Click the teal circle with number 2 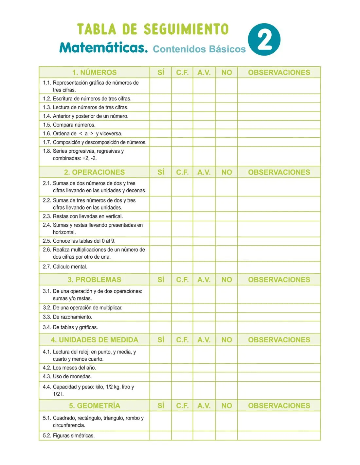click(264, 39)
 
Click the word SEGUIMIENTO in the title click(186, 29)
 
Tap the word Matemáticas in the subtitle click(103, 48)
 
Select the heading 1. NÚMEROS click(94, 72)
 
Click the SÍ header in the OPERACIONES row click(161, 172)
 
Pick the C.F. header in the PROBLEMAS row click(182, 280)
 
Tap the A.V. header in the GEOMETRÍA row click(204, 405)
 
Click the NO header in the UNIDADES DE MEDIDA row click(226, 340)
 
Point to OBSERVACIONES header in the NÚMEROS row click(279, 72)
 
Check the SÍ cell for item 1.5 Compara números click(161, 125)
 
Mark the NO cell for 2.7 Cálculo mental click(226, 267)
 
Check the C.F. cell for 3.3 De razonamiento click(182, 317)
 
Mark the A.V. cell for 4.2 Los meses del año click(204, 368)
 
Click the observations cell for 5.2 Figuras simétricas click(279, 436)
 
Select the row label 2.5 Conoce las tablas click(79, 241)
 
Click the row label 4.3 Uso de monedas click(67, 377)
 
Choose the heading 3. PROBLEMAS click(94, 280)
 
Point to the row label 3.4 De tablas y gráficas click(70, 327)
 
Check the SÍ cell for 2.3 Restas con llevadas click(161, 216)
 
